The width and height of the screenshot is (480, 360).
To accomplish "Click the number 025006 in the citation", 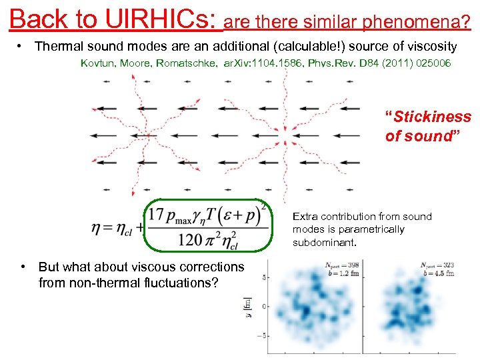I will [431, 63].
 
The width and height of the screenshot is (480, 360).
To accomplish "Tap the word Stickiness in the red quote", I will [432, 117].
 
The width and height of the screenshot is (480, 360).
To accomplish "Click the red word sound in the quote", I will [428, 136].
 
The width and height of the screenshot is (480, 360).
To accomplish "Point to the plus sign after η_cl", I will [141, 227].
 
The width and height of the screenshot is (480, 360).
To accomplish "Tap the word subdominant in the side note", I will [324, 242].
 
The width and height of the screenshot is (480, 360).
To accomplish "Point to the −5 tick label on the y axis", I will [263, 335].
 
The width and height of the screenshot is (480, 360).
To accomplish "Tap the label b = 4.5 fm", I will [439, 273].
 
